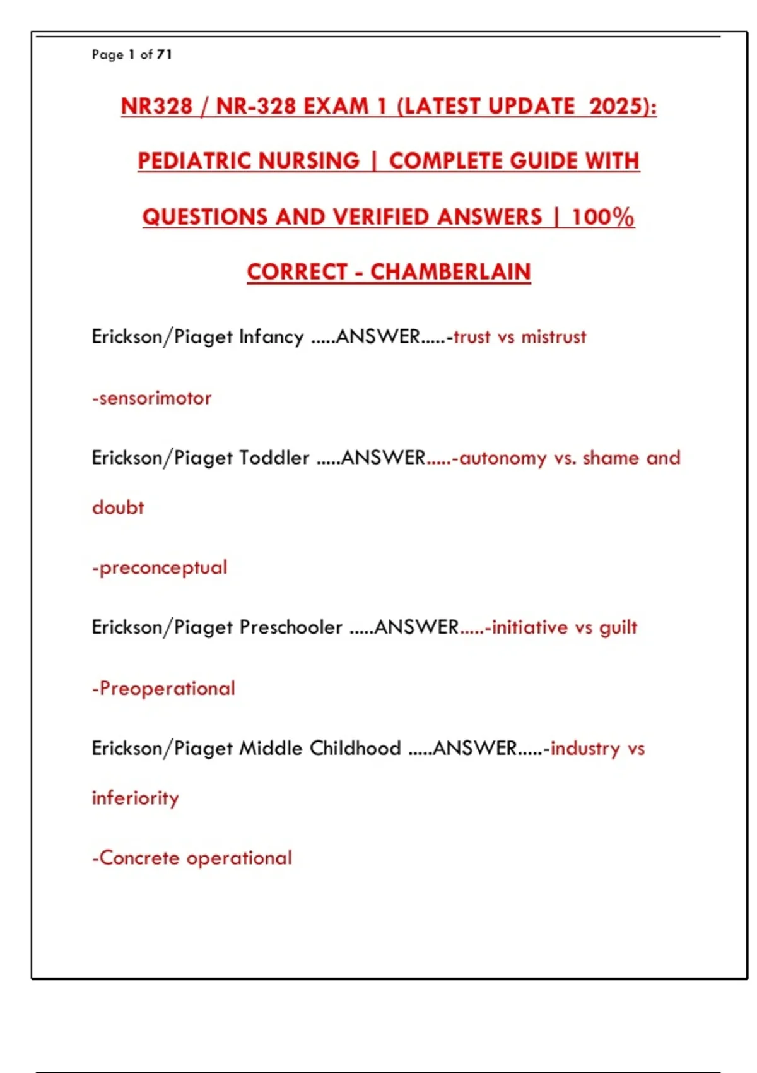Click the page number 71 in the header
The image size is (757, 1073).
click(164, 54)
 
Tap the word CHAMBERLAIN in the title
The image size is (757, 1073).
click(450, 272)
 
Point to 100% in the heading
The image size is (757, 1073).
click(602, 216)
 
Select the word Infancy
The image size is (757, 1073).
click(271, 336)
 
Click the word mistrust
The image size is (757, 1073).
click(554, 336)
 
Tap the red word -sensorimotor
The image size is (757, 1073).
click(151, 398)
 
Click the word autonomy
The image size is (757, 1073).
click(503, 458)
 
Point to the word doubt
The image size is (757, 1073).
click(118, 507)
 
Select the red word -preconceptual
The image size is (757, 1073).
click(160, 567)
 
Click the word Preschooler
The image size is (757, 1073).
click(291, 627)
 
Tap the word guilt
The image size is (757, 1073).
click(618, 627)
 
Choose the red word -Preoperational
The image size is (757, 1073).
click(163, 688)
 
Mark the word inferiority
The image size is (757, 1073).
click(135, 798)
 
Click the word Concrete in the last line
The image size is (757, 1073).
click(139, 858)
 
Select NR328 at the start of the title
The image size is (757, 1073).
click(156, 106)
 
